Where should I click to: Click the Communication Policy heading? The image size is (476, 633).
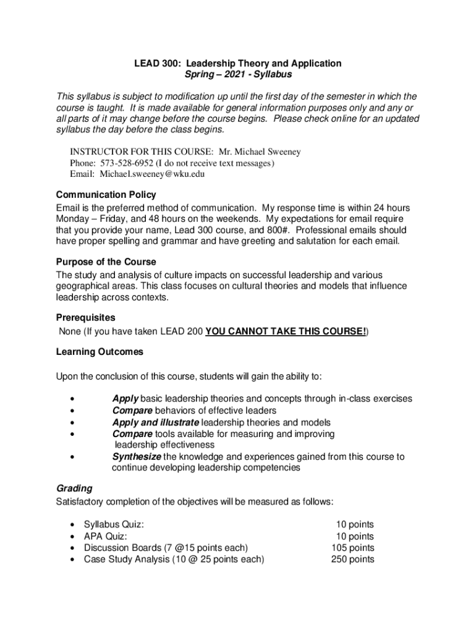point(106,195)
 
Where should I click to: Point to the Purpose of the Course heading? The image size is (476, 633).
point(106,261)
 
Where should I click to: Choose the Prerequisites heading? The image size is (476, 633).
point(85,318)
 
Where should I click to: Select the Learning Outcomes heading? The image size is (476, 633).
point(100,352)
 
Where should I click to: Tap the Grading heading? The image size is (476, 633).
point(74,488)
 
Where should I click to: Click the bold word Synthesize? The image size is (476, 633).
point(137,457)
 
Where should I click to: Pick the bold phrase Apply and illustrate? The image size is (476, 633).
point(156,423)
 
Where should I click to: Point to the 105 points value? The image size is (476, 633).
point(353,548)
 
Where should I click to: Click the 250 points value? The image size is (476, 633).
point(353,559)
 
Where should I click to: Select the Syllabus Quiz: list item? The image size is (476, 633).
point(114,524)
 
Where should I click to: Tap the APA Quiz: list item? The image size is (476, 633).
point(106,536)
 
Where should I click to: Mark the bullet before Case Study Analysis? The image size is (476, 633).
point(74,559)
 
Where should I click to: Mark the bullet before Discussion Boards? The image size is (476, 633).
point(74,548)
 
